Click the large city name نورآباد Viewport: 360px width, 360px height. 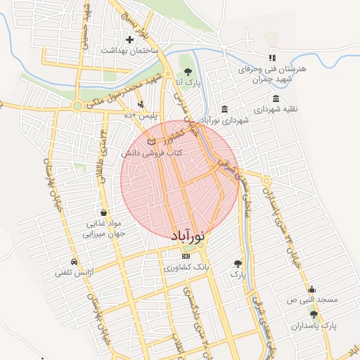[188, 235]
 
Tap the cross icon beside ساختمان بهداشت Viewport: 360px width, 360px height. [129, 39]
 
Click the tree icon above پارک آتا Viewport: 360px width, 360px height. [187, 72]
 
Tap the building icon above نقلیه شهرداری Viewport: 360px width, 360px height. [276, 98]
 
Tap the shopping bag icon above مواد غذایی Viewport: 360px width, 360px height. [104, 212]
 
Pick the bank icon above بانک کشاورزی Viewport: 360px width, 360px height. [186, 257]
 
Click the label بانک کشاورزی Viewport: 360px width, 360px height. [186, 268]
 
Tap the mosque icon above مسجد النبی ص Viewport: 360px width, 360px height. [311, 289]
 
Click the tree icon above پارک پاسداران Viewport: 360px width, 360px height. [314, 314]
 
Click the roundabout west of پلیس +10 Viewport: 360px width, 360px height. [76, 107]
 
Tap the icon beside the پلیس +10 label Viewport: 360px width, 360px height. [141, 104]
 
